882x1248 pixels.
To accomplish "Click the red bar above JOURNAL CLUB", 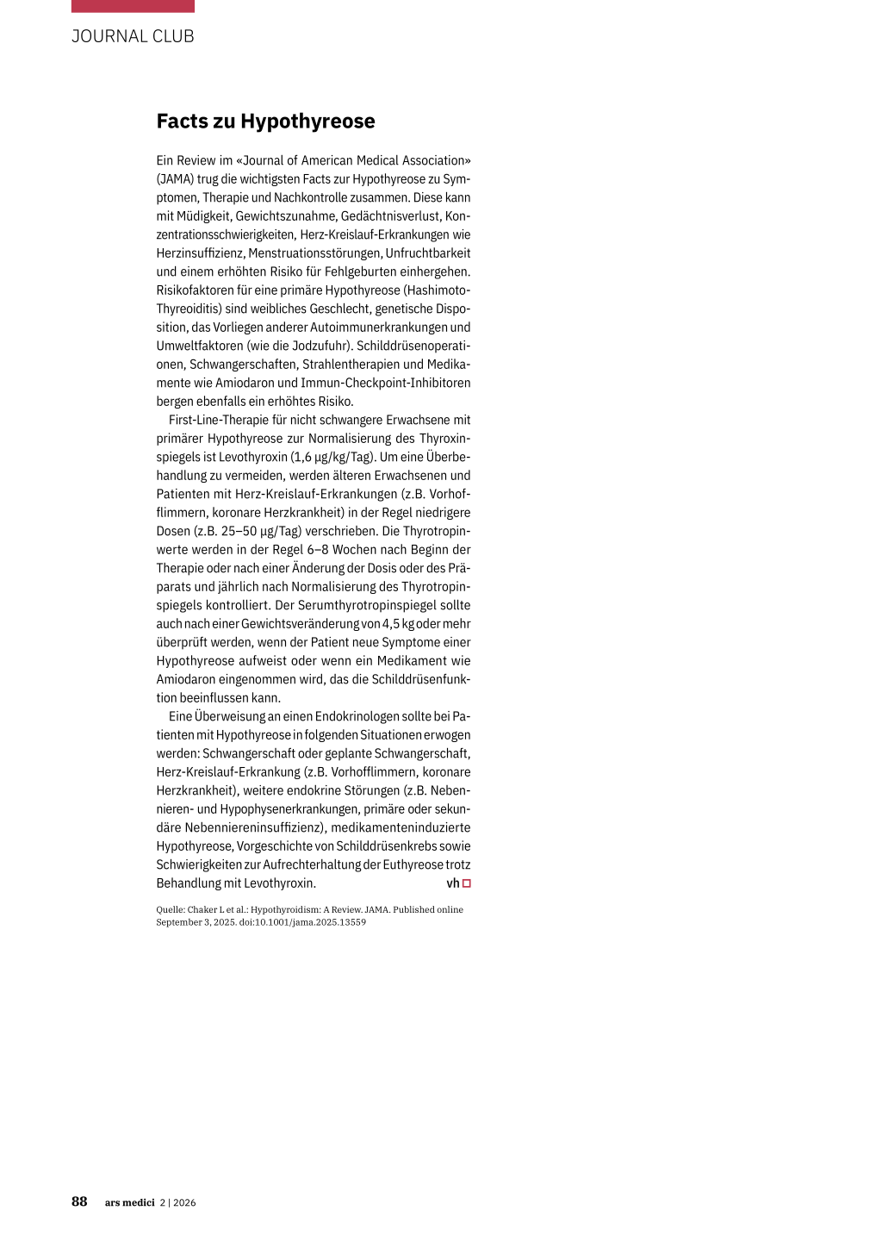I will tap(133, 6).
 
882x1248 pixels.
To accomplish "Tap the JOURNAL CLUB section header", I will tap(133, 36).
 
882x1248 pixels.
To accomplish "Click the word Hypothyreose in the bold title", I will tap(307, 122).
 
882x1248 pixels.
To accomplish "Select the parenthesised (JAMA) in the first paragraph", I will tap(175, 179).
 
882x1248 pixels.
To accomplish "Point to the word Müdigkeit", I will tap(204, 216).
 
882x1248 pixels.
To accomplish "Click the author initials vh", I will tap(453, 883).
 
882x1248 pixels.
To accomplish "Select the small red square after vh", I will tap(467, 883).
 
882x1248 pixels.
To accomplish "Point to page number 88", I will tap(79, 1201).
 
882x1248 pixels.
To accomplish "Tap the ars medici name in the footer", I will tap(129, 1203).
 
